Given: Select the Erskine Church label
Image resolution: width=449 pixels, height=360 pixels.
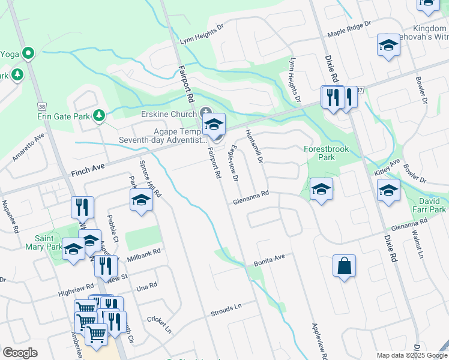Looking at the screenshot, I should pos(169,114).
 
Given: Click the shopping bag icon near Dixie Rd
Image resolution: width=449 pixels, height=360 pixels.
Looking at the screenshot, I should pos(345,266).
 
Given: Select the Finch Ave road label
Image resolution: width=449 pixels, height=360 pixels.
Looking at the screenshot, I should pos(89,171).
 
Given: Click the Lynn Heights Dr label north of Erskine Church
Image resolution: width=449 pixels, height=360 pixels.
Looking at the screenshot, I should pos(202,35).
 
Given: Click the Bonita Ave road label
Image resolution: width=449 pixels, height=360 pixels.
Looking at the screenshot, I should pos(268,259).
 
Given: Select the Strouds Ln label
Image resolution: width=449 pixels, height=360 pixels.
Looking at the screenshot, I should pos(226,310).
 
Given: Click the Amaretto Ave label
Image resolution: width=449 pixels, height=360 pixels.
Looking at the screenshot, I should pos(28,148).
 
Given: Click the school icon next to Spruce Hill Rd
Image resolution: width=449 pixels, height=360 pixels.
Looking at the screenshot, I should pos(140,200).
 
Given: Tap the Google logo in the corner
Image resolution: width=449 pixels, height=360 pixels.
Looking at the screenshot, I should pos(20,353).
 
